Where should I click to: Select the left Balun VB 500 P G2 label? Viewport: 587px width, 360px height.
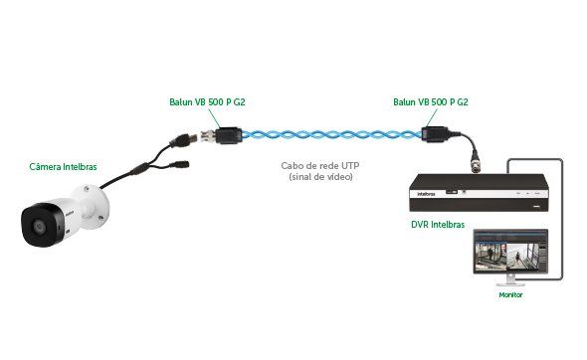[204, 102]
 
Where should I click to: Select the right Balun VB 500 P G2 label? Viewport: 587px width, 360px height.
[431, 102]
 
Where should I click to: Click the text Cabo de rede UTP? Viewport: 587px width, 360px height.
[320, 165]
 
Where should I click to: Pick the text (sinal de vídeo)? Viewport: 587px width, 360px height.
[320, 177]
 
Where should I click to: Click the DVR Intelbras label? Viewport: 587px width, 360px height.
[438, 223]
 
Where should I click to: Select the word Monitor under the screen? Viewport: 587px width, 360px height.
[509, 295]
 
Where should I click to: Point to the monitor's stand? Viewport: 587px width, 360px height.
[509, 283]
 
